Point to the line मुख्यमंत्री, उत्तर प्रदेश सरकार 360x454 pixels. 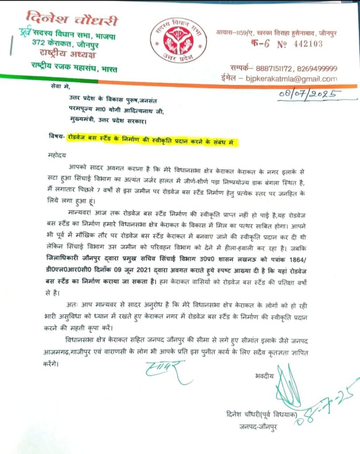pyautogui.click(x=105, y=120)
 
